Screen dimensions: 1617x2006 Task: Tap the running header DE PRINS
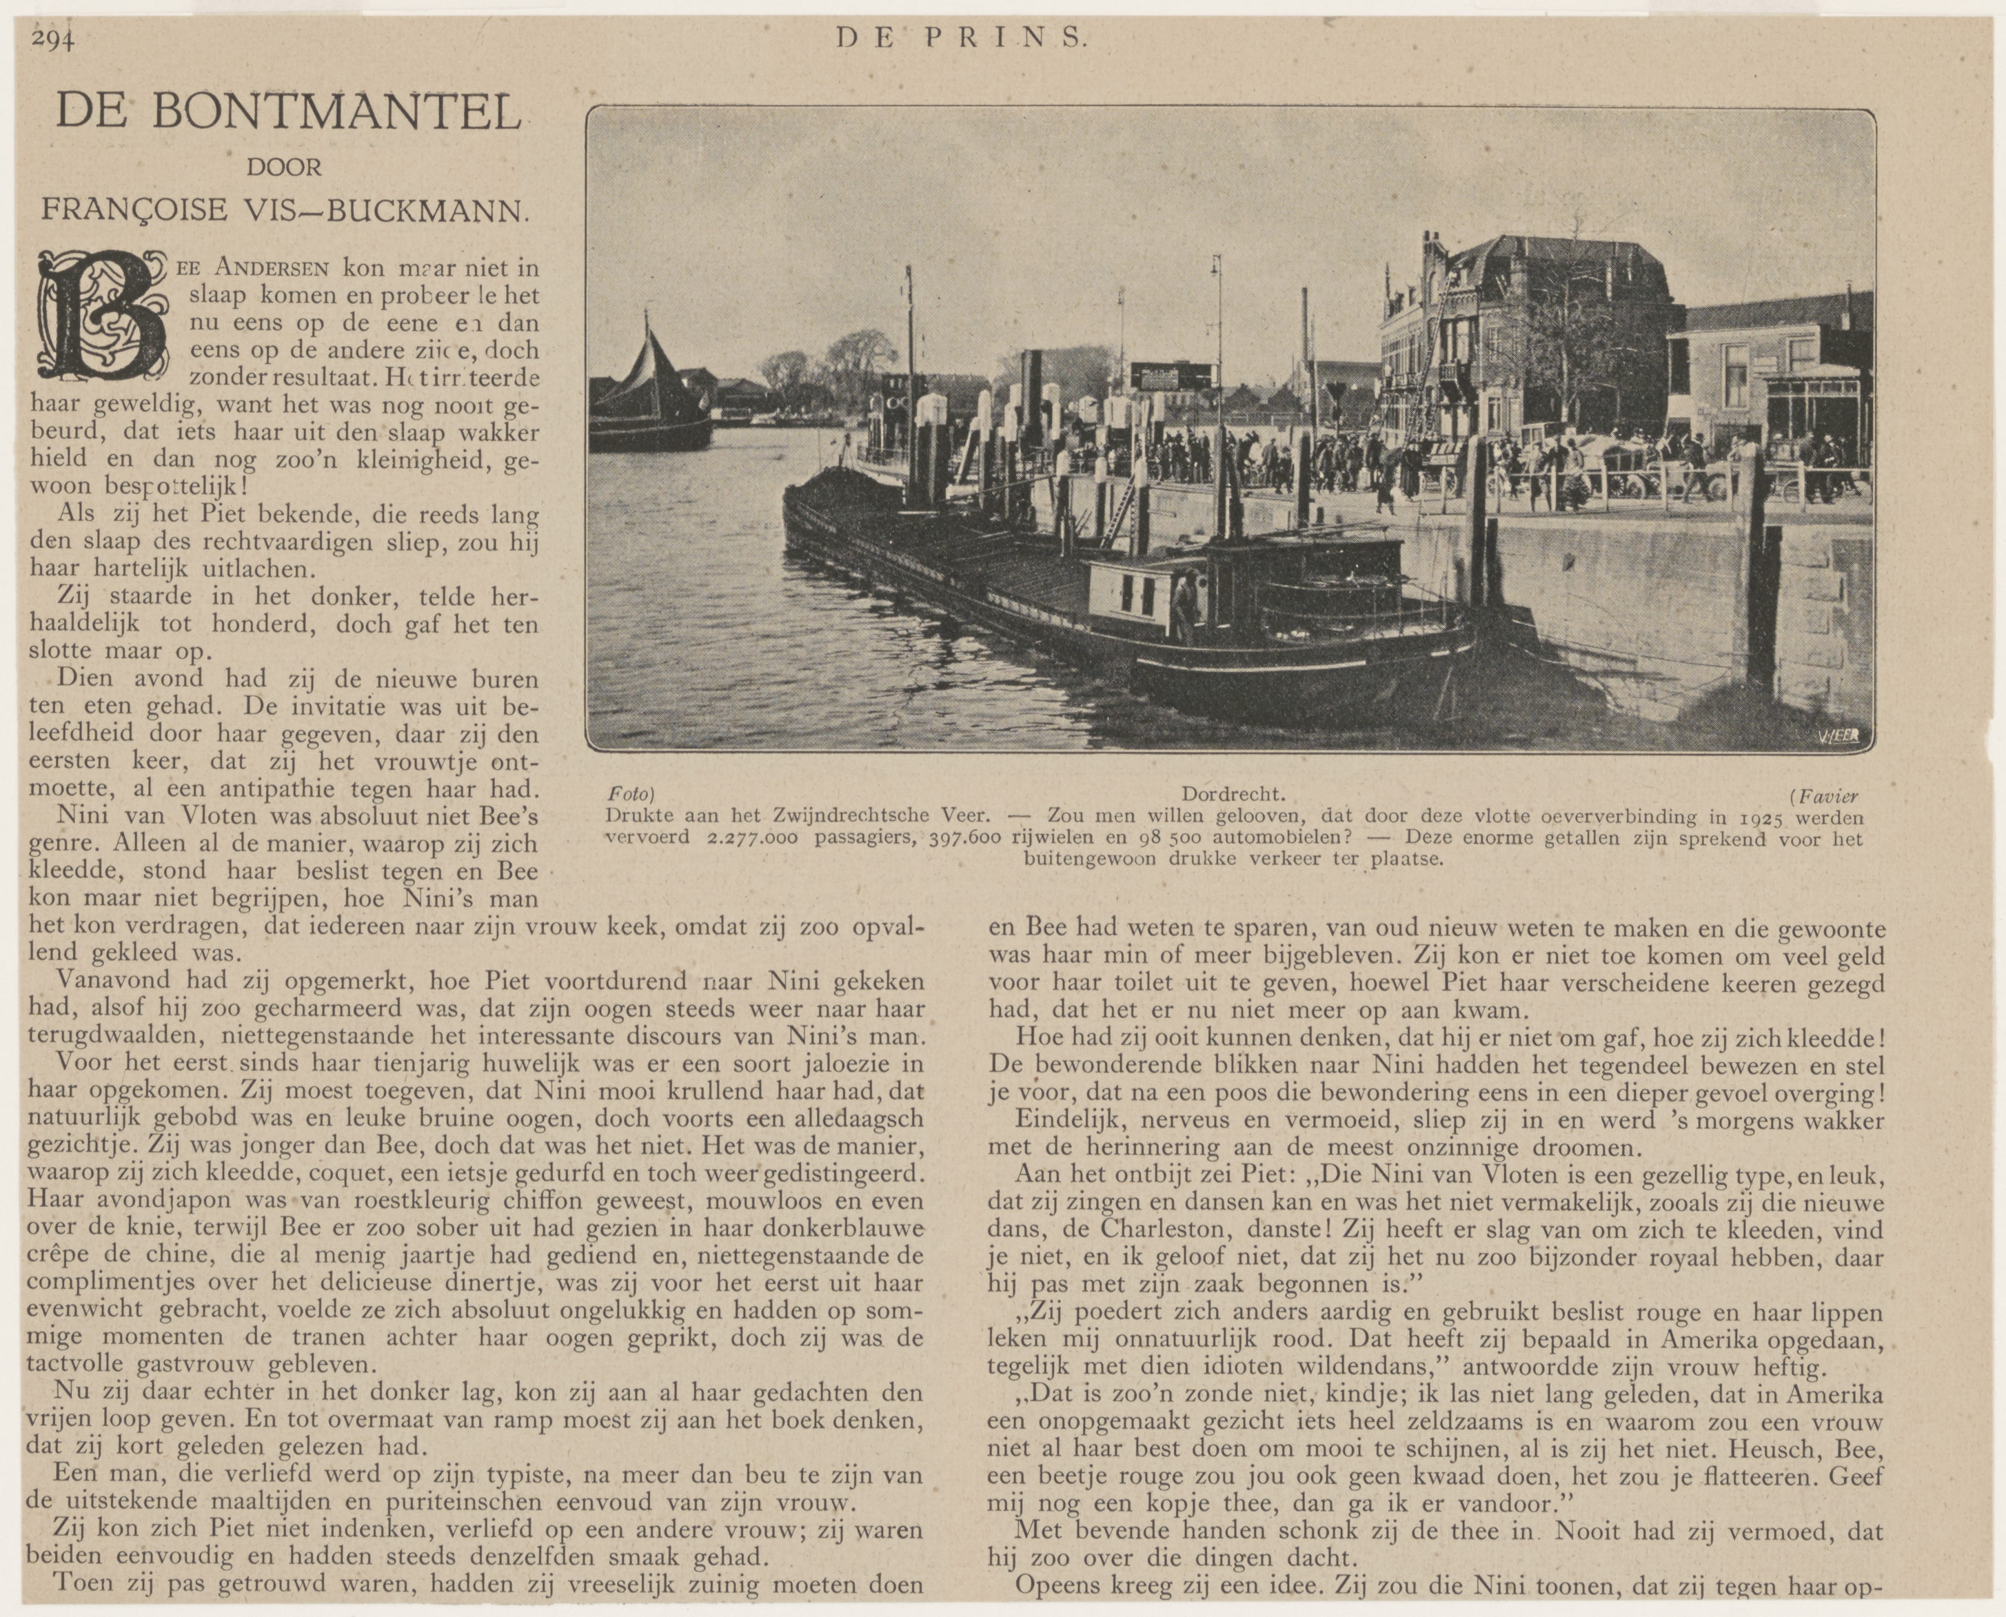[961, 37]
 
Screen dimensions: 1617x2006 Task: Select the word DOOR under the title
[283, 167]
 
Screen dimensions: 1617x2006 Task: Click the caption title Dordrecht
[1233, 795]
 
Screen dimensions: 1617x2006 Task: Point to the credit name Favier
[1827, 796]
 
